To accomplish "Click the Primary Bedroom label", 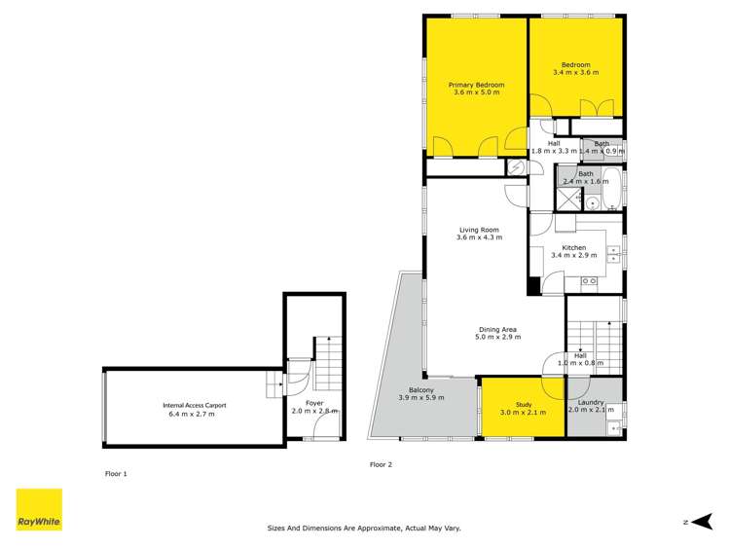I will coord(476,86).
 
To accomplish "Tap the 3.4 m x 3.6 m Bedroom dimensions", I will coord(571,73).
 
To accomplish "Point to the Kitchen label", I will coord(573,247).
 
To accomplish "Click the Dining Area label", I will coord(498,328).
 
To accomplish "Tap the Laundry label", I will coord(592,402).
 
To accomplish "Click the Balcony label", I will coord(421,389).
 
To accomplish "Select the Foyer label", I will coord(313,403).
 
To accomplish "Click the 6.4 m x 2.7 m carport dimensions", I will coord(190,415).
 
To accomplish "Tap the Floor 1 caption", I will coord(116,473).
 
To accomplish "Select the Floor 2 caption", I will coord(381,464).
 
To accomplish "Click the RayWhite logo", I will coord(39,510).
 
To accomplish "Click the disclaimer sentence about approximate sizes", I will coord(364,529).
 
